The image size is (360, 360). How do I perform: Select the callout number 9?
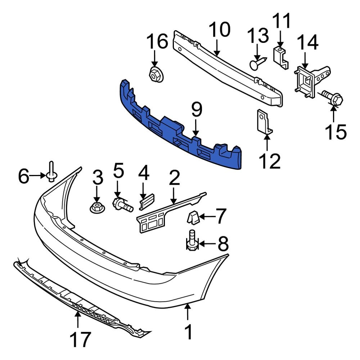pyautogui.click(x=197, y=111)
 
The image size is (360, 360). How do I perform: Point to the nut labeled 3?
pyautogui.click(x=96, y=207)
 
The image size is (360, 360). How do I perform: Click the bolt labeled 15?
pyautogui.click(x=332, y=97)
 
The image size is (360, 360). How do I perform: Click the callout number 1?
pyautogui.click(x=188, y=332)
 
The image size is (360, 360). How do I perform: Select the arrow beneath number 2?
pyautogui.click(x=174, y=197)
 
